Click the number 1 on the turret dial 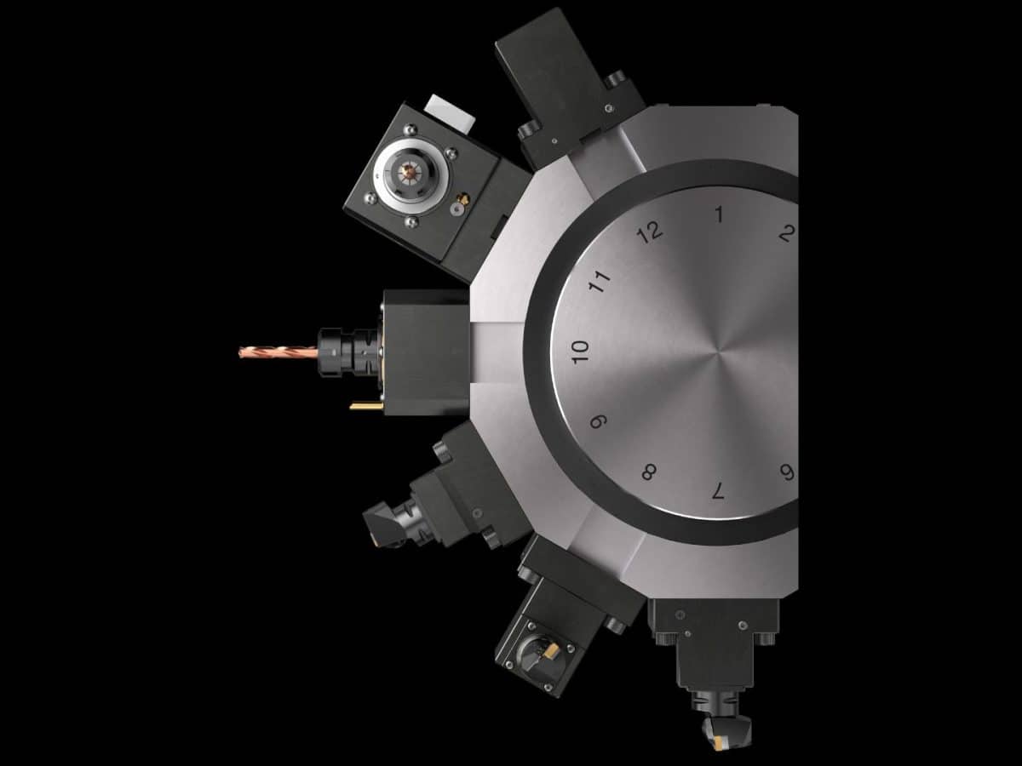719,214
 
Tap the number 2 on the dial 787,232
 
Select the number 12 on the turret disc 651,232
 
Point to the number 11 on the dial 601,282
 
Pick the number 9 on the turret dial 600,421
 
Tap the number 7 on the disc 718,489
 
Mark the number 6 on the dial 787,472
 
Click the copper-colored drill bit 277,351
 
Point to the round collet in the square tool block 407,174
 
